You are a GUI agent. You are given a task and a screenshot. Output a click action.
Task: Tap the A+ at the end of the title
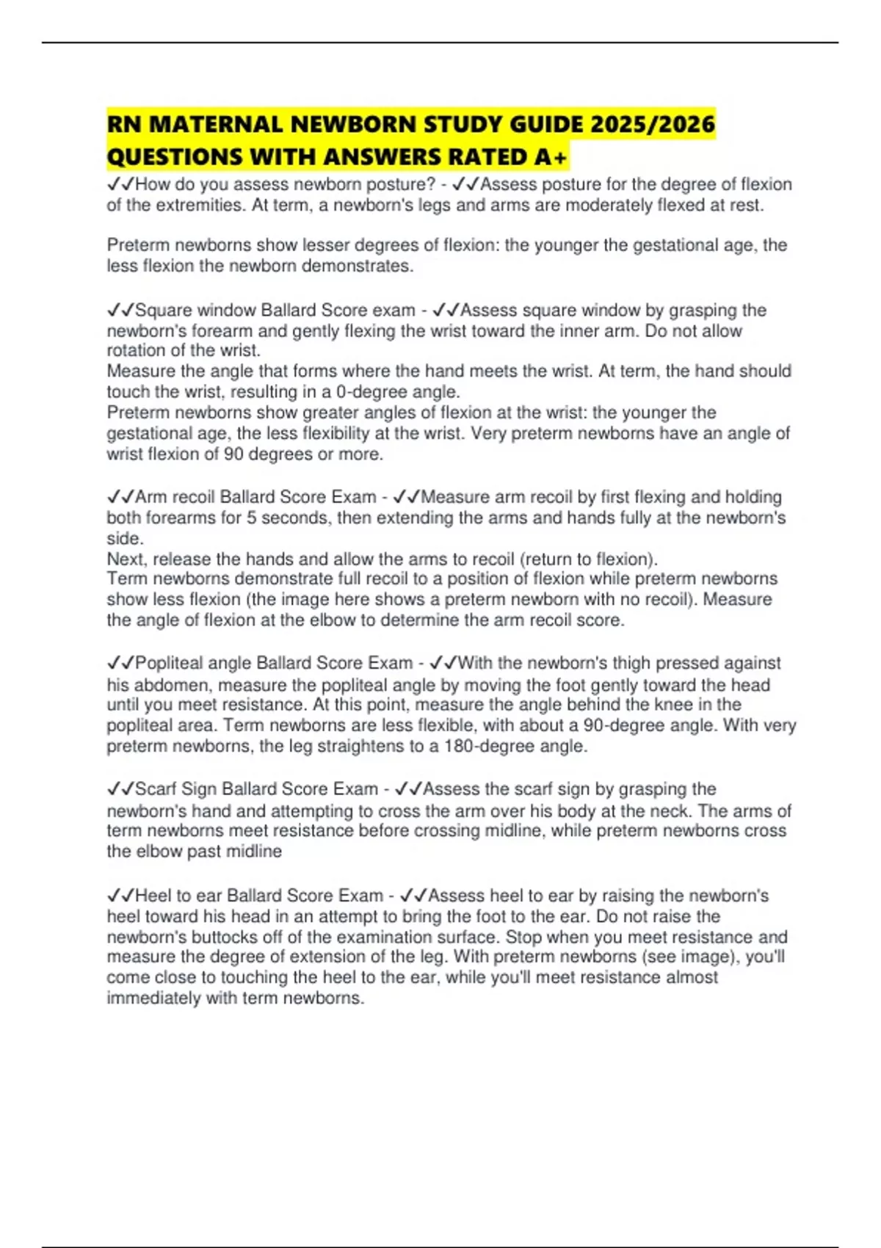point(550,157)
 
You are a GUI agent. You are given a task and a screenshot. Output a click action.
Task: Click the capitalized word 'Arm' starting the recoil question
point(151,497)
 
